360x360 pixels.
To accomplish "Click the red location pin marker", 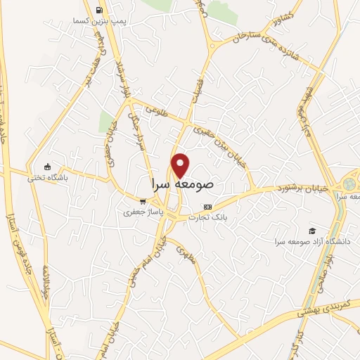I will [181, 165].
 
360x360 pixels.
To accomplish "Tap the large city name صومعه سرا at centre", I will [182, 184].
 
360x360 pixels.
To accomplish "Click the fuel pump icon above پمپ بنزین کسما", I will [98, 10].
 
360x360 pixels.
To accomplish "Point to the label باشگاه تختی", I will [46, 177].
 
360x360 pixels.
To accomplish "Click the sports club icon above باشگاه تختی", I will [46, 167].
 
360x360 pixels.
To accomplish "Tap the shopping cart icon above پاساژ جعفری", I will [143, 201].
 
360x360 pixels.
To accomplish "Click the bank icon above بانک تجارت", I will [207, 207].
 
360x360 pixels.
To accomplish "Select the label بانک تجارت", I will [207, 217].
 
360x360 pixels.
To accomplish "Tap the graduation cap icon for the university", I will [311, 231].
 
